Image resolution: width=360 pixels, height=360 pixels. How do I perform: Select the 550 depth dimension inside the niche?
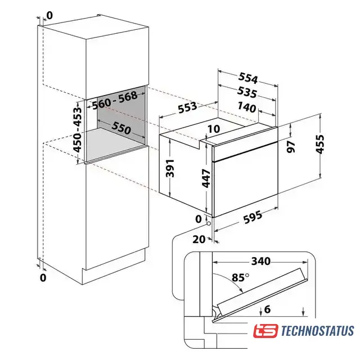pos(121,128)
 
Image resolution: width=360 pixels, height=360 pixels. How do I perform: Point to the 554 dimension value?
pos(248,78)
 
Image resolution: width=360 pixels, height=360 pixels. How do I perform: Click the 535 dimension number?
pos(247,92)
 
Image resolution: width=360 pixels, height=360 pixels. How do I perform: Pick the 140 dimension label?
pos(247,107)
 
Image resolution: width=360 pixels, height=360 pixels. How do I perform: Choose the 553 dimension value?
pos(187,107)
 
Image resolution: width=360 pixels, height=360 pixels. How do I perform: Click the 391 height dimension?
pos(170,168)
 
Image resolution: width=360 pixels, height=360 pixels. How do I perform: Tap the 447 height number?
pos(206,178)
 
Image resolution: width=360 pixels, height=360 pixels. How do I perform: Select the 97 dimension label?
pos(291,147)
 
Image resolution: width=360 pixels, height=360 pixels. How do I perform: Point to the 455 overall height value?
pos(320,144)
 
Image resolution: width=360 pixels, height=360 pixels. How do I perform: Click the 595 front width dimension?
pos(253,217)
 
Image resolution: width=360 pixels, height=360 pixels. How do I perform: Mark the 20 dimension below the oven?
pos(199,240)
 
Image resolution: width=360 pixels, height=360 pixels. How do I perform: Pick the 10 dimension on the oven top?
pos(214,129)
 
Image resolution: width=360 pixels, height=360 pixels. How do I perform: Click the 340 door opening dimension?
pos(261,261)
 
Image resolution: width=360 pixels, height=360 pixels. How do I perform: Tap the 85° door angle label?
pos(240,277)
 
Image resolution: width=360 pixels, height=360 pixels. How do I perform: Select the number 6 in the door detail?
pos(268,309)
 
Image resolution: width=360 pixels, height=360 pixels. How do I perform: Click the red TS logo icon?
pos(265,331)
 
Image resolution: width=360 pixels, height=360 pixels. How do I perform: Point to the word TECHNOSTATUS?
pos(317,331)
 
